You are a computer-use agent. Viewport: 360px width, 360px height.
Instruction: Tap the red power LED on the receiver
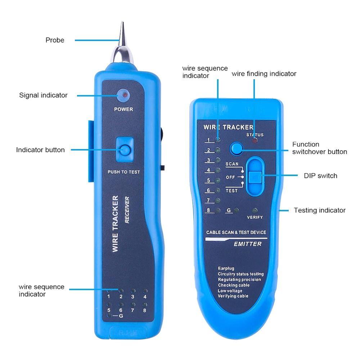tap(123, 95)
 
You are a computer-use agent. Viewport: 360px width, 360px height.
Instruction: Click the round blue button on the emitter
tap(236, 148)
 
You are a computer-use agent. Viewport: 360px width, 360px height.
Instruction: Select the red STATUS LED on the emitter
tap(255, 141)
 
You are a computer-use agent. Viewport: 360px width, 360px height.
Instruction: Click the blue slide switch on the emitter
tap(255, 177)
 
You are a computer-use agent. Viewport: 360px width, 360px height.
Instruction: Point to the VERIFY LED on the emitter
tap(255, 210)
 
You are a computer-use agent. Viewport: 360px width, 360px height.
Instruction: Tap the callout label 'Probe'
tap(55, 40)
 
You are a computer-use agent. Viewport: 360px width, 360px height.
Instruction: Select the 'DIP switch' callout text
tap(320, 176)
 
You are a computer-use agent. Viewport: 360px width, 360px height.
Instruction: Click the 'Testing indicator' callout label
tap(320, 210)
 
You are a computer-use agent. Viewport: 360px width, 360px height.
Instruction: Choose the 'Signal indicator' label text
tap(43, 95)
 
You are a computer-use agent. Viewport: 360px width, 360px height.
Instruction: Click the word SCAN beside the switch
tap(232, 164)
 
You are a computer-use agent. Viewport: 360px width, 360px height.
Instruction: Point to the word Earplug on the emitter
tap(226, 269)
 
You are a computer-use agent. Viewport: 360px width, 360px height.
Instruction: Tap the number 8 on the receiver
tap(144, 310)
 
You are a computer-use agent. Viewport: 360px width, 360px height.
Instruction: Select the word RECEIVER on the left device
tap(127, 210)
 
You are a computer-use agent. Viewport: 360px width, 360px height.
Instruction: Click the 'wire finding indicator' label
tap(264, 74)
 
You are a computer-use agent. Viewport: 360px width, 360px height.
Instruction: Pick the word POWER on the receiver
tap(123, 109)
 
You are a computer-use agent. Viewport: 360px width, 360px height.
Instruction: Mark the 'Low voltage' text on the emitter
tap(230, 291)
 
